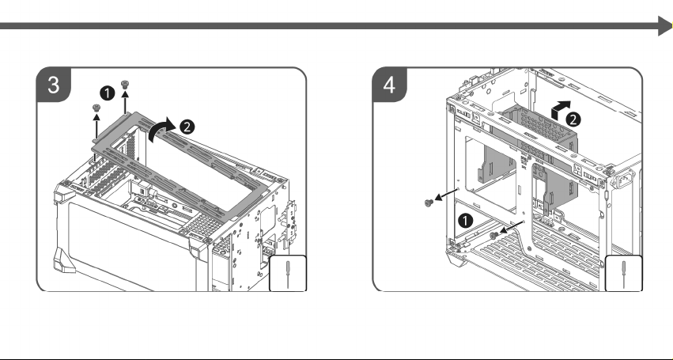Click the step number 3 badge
(53, 85)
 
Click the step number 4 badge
(389, 85)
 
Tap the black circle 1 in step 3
(108, 93)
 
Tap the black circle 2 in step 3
(187, 127)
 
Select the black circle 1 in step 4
(465, 221)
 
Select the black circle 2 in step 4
(573, 119)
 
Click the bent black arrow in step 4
(561, 110)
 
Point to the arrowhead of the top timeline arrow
(665, 26)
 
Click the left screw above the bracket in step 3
(96, 108)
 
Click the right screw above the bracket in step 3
(125, 84)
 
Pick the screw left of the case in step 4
(429, 203)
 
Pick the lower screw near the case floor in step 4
(494, 235)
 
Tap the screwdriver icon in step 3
(288, 274)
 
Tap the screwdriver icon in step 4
(624, 274)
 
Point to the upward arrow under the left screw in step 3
(96, 126)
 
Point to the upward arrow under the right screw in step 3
(125, 102)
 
